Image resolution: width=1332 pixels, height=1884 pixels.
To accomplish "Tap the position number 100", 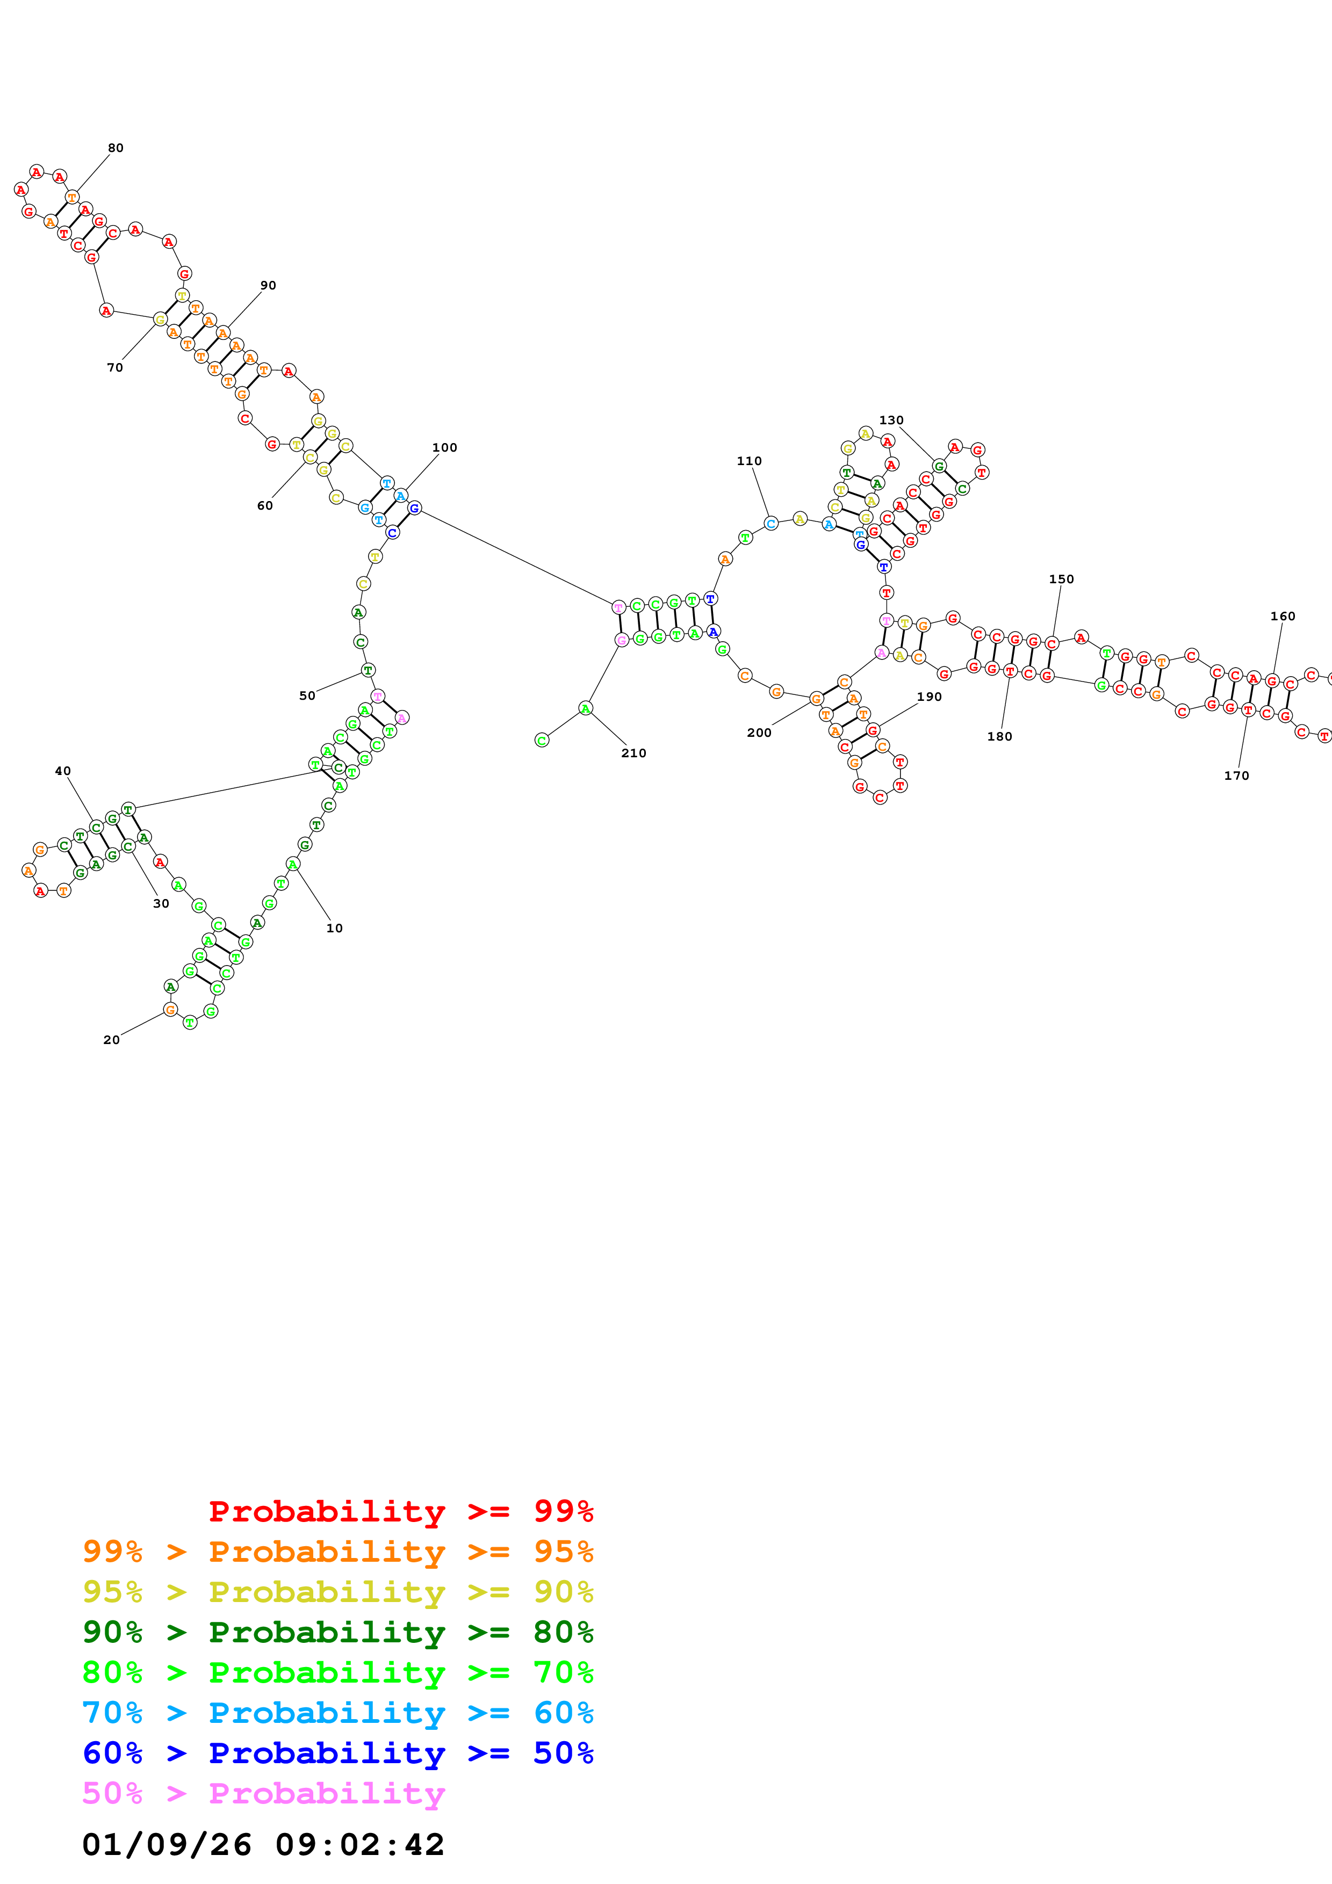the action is (x=445, y=448).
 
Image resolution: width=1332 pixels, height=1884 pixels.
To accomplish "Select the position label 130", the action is (x=891, y=420).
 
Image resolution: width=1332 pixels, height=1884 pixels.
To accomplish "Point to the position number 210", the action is (x=633, y=753).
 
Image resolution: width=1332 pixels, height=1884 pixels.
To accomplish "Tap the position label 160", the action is (x=1283, y=616).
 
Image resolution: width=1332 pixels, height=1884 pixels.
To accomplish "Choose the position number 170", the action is (x=1237, y=776).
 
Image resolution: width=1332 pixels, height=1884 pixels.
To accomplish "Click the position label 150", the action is (x=1061, y=579).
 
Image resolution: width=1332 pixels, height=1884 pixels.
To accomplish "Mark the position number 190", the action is (x=929, y=697).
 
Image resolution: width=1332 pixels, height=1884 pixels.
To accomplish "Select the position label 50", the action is (x=307, y=696).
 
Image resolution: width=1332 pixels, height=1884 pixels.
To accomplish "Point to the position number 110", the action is (x=750, y=461).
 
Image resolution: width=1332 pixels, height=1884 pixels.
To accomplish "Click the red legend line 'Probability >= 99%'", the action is (x=401, y=1511).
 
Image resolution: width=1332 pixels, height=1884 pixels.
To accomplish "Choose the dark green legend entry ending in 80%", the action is (x=338, y=1632).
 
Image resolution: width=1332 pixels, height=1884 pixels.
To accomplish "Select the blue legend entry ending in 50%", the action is (x=338, y=1753).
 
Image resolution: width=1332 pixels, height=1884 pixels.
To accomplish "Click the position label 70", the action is (x=115, y=367).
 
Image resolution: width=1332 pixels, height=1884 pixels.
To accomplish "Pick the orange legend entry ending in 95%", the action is (x=338, y=1552).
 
